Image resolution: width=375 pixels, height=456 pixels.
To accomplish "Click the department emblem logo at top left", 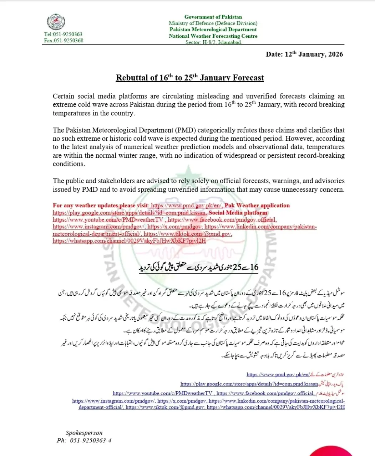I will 56,22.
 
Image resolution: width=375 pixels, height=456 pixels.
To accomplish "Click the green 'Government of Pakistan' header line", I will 213,17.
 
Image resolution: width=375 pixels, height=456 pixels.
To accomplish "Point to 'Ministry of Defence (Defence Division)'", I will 213,23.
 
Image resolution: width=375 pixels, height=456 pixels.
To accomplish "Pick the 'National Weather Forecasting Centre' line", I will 213,36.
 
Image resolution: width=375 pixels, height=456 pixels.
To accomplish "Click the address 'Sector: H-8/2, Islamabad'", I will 213,42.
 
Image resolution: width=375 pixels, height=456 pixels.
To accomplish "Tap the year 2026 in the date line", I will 335,55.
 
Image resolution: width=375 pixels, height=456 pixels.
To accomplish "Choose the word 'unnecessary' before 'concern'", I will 301,189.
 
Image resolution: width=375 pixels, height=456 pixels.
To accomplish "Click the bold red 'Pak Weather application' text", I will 257,206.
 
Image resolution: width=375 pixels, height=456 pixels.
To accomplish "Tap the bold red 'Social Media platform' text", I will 238,213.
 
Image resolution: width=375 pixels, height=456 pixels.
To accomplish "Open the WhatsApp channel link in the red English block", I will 129,240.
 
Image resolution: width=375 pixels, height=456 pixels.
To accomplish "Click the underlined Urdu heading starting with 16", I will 198,268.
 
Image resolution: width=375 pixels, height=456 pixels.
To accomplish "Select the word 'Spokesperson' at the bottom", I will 84,433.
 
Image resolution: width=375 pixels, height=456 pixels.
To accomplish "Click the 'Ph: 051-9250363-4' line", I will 84,440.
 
